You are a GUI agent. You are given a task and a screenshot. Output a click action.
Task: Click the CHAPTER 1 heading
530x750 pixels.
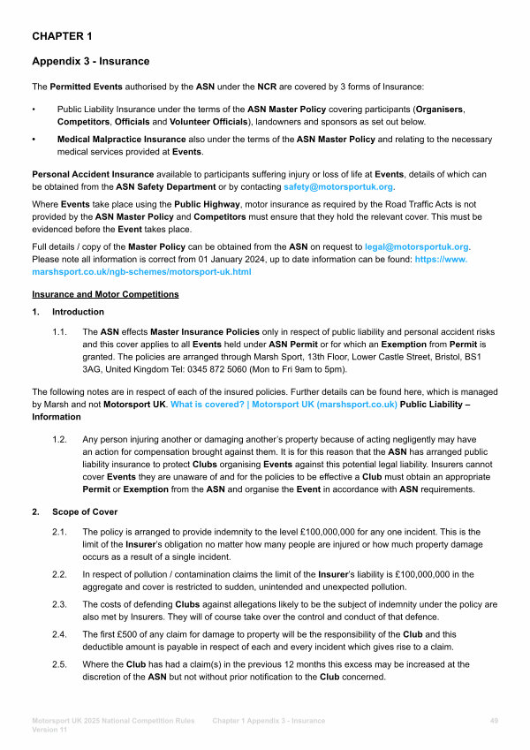click(x=62, y=36)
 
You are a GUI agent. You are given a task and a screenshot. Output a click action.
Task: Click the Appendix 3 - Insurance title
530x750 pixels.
click(x=91, y=61)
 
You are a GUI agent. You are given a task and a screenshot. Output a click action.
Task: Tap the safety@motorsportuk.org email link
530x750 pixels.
click(x=338, y=188)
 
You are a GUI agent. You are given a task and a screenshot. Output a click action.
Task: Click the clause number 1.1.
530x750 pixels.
click(x=61, y=330)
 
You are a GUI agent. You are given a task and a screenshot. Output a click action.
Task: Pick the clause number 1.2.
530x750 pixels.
click(x=61, y=439)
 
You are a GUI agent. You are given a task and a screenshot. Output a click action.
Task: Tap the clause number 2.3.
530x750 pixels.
click(x=61, y=603)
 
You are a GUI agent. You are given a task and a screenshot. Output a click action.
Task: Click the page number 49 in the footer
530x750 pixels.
click(x=494, y=721)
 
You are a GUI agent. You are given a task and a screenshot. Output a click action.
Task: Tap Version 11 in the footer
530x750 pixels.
click(x=51, y=731)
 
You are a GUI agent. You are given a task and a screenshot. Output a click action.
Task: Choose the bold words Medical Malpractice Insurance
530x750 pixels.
click(x=122, y=140)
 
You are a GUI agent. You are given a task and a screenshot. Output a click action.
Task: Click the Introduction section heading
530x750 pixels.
click(x=78, y=312)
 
